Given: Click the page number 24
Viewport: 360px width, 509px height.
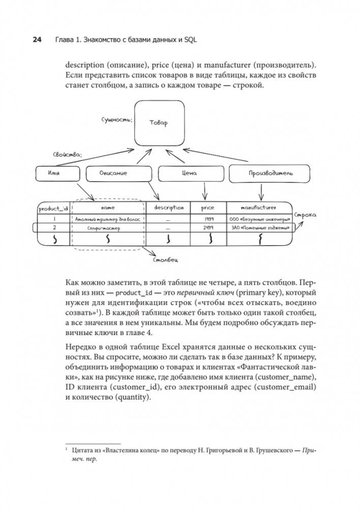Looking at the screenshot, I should pos(37,40).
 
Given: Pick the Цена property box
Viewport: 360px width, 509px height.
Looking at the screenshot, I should pos(189,173).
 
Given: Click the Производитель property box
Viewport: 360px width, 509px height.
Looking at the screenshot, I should pos(263,174).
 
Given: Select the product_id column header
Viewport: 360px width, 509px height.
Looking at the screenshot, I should pos(53,207).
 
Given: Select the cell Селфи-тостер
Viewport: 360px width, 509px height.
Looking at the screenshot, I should pos(107,229).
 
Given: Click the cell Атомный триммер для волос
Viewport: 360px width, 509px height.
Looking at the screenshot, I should pos(107,219).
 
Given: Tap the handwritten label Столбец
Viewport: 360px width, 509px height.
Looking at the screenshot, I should pos(165,260).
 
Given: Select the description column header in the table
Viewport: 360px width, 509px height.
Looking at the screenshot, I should pos(169,207).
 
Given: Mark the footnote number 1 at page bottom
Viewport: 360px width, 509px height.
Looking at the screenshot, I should pos(67,449).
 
